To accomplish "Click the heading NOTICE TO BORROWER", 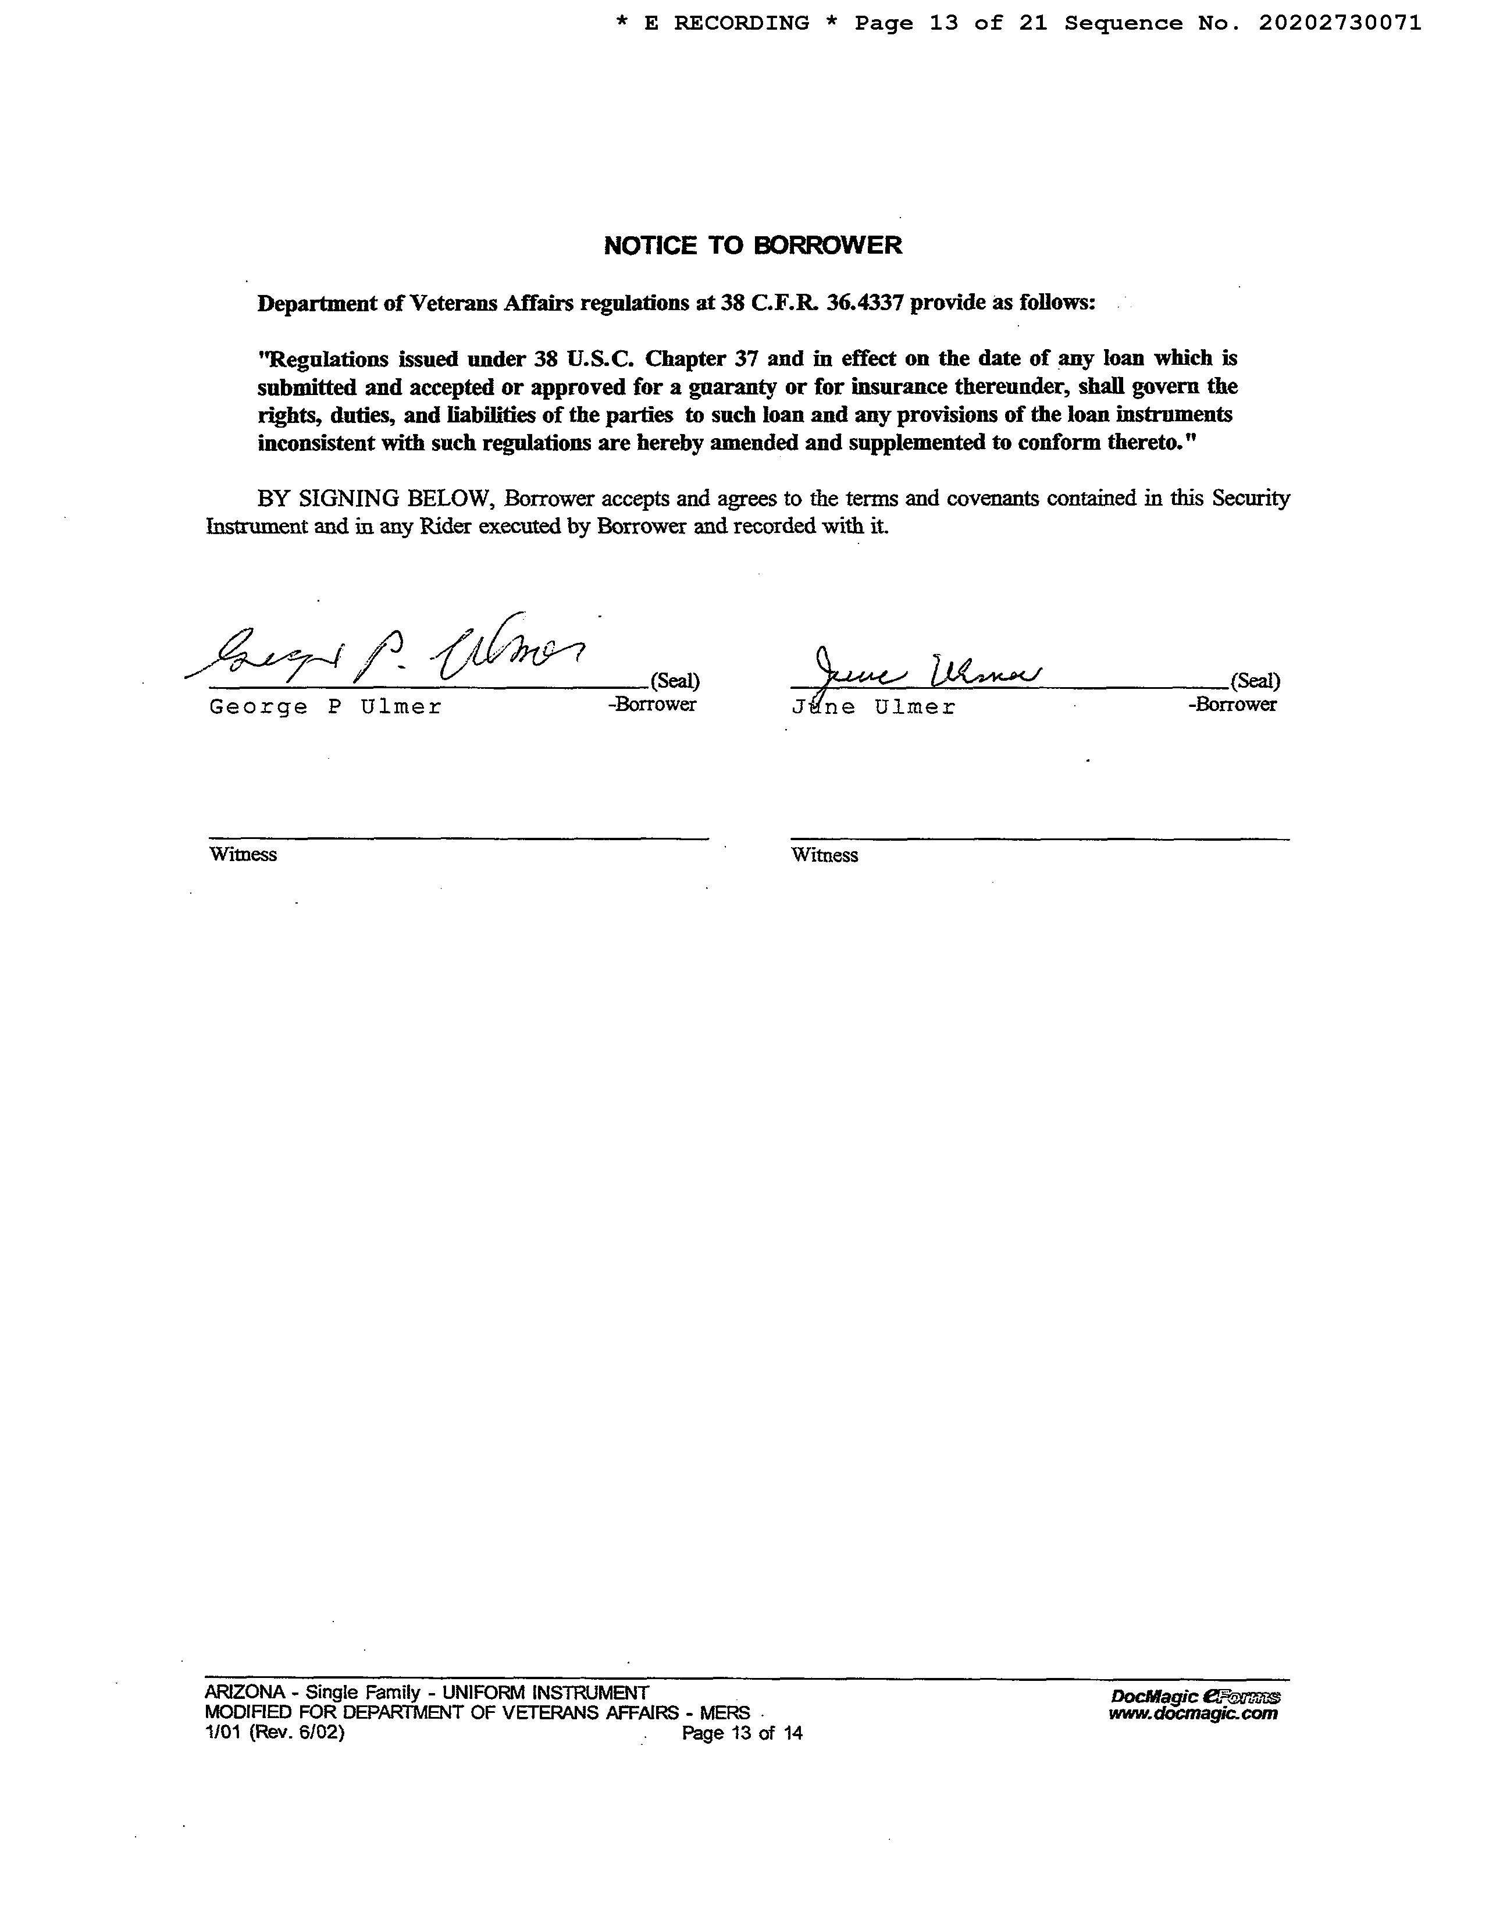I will (753, 246).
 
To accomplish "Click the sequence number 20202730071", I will (1339, 23).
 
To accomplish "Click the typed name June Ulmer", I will (873, 707).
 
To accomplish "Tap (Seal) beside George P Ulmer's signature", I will (675, 681).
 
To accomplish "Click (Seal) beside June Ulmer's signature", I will (1255, 681).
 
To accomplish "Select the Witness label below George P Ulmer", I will (243, 855).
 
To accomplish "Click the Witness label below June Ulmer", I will (824, 855).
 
